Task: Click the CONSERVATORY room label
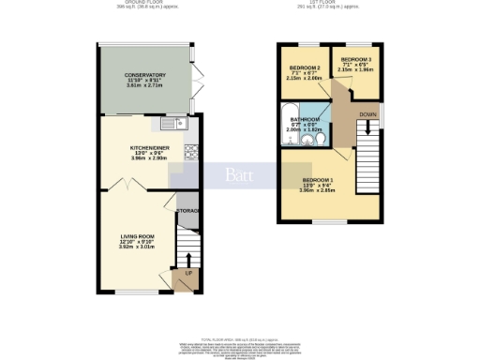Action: pos(145,75)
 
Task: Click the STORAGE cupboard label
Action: pos(188,211)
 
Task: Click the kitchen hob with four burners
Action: pos(190,149)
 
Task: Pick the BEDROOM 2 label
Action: pos(305,68)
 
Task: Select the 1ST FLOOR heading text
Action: pos(329,4)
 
